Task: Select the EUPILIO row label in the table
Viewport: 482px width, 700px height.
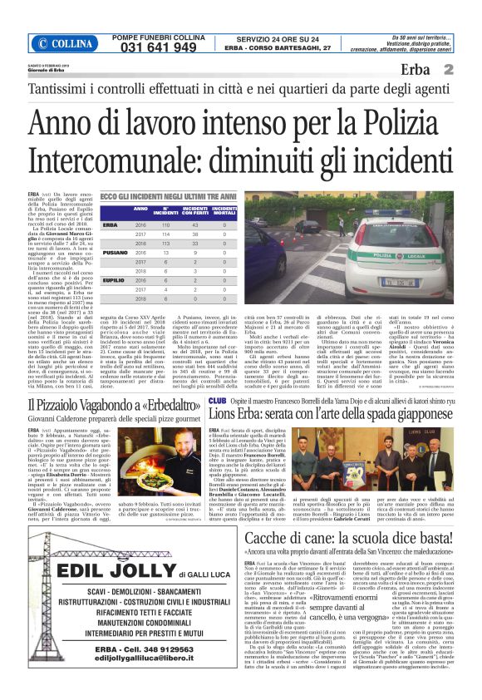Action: pos(115,281)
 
